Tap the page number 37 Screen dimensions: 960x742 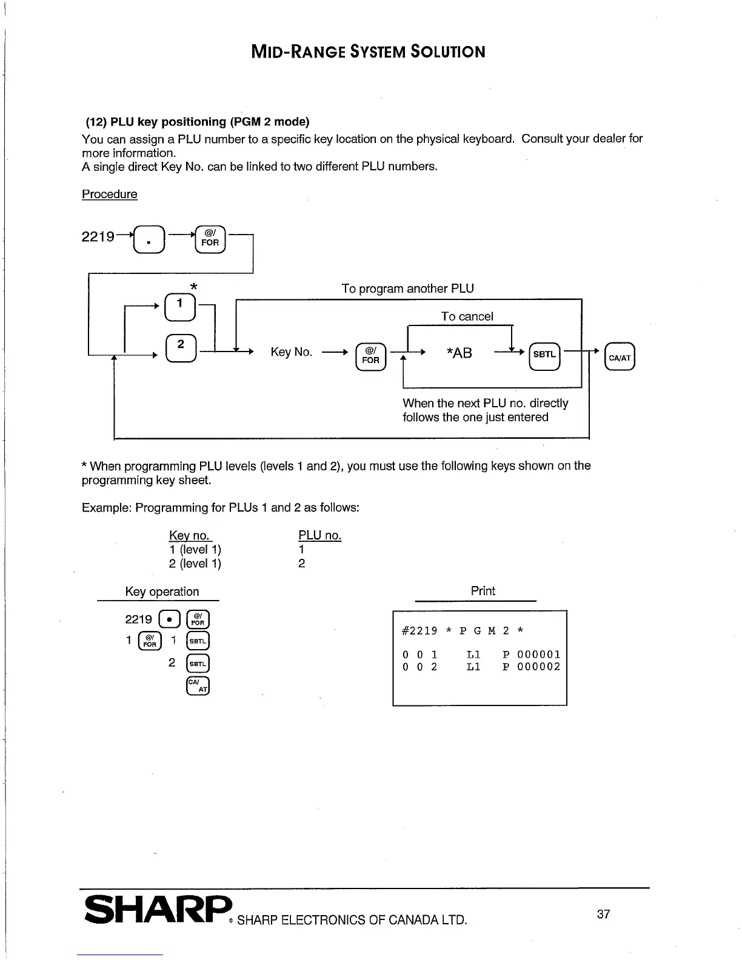(603, 914)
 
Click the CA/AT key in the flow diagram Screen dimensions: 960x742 (619, 358)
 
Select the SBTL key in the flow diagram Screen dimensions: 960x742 (544, 355)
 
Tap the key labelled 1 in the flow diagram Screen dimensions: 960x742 (180, 308)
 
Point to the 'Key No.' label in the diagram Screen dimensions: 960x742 (292, 352)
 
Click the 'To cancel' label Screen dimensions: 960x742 (467, 316)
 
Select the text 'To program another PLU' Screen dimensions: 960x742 (407, 288)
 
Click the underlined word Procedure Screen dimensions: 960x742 (110, 194)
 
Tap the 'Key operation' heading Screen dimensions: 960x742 (162, 592)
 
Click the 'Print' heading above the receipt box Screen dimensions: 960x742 (483, 591)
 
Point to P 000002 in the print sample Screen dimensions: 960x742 (532, 667)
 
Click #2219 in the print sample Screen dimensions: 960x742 (419, 630)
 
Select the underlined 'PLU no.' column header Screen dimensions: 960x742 (319, 536)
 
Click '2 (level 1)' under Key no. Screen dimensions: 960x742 (195, 564)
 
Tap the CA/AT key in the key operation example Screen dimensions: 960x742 (198, 685)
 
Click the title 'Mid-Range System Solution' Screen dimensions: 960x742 (368, 51)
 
